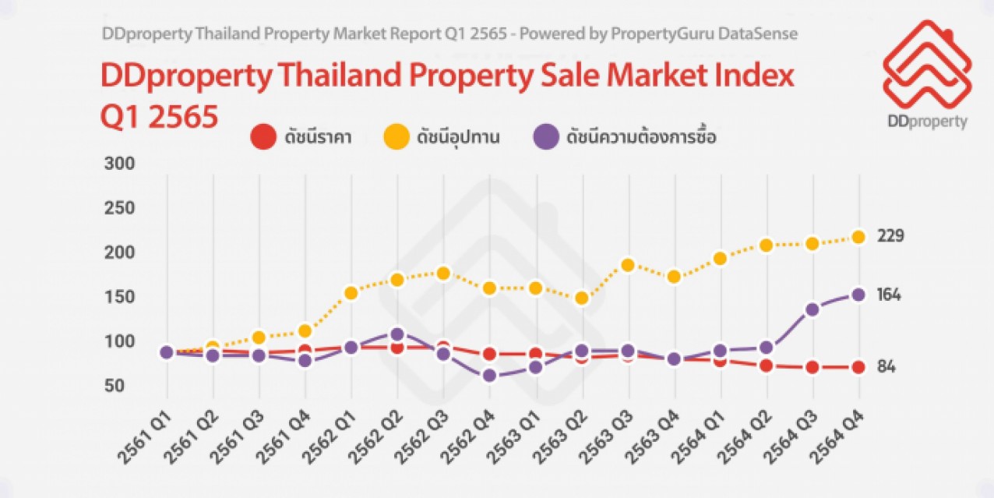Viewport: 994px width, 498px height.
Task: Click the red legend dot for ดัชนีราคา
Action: click(x=263, y=138)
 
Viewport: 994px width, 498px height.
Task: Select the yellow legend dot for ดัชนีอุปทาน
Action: click(x=397, y=138)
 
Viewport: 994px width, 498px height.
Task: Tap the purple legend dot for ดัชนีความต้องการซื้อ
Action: click(x=545, y=138)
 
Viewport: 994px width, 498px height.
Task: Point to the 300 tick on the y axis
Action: click(x=119, y=164)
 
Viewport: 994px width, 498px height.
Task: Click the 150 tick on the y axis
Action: click(x=119, y=298)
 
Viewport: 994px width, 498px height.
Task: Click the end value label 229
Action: click(x=889, y=235)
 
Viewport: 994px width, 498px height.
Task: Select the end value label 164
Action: click(x=889, y=295)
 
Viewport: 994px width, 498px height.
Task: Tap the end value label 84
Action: click(x=886, y=366)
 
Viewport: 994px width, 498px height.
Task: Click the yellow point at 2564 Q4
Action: click(x=858, y=237)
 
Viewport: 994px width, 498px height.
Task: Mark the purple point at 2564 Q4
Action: click(x=858, y=295)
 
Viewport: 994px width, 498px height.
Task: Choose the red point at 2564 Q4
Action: click(x=858, y=367)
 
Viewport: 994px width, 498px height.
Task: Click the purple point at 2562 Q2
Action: click(x=397, y=334)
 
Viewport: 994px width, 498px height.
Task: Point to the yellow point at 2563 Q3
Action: click(x=628, y=265)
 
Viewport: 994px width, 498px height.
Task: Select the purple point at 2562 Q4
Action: click(x=489, y=376)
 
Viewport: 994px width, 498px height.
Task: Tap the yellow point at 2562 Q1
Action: click(x=351, y=293)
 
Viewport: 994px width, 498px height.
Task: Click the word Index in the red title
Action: click(x=749, y=76)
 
